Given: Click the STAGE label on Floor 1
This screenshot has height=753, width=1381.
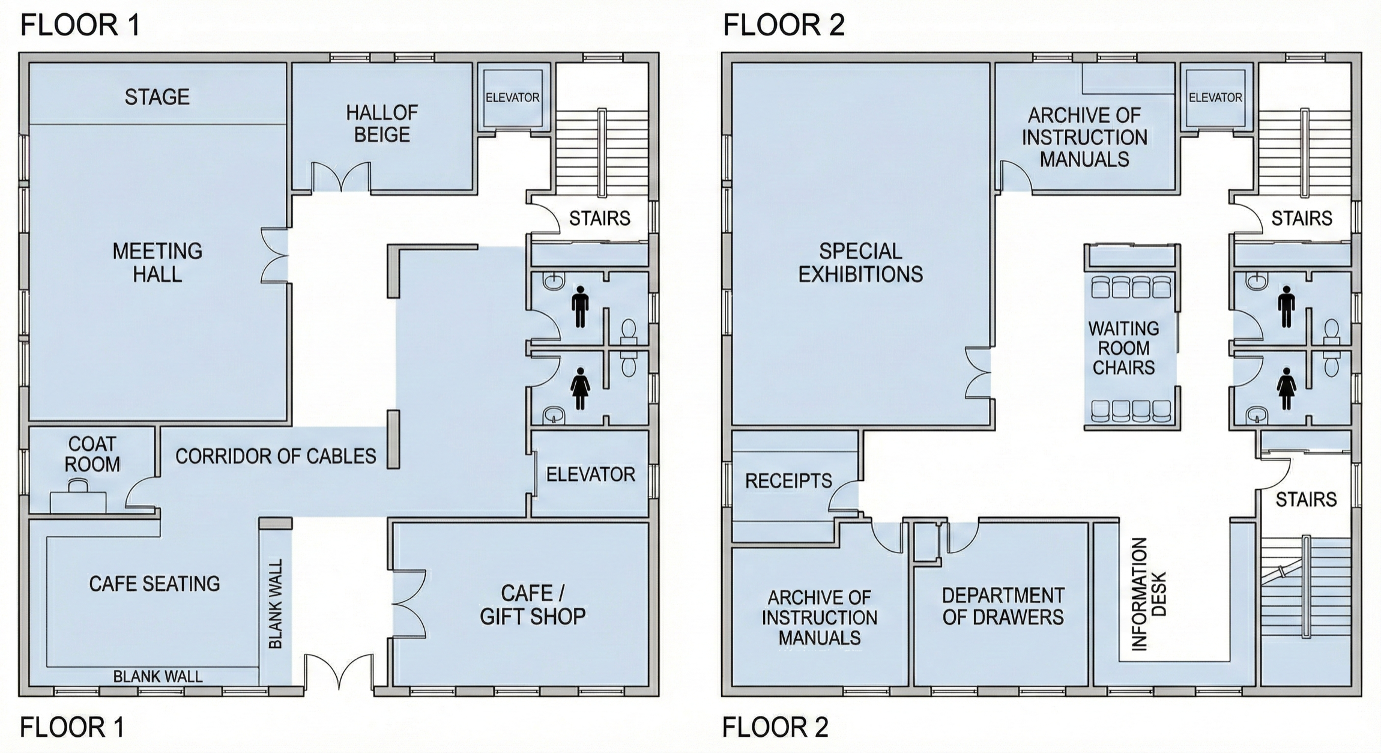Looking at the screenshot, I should coord(157,97).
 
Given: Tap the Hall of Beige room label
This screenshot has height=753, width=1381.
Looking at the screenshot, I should coord(382,124).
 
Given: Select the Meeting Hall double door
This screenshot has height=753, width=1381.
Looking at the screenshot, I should coord(274,255).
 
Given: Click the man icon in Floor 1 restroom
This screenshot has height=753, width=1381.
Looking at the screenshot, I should coord(579,306).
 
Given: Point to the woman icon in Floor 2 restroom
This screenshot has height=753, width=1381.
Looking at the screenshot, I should coord(1286,389).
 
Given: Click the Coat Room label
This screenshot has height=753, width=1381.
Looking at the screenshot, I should coord(92,454).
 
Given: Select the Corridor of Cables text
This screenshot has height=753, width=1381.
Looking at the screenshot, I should coord(276,456).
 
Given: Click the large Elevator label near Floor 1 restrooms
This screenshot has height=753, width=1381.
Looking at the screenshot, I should coord(590,474).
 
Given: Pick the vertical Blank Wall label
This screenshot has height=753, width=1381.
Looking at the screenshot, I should coord(276,603).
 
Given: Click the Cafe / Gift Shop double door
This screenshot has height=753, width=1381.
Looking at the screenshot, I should coord(409,603).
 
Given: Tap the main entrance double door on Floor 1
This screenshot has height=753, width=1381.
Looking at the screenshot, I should coord(339,671).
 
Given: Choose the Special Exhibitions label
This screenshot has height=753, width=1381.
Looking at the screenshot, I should coord(860,262).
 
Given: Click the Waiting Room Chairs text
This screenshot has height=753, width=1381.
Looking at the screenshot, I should coord(1123,348).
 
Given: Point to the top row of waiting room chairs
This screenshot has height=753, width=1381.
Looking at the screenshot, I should coord(1131,287).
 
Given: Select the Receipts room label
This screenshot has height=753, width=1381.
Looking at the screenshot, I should coord(788,480).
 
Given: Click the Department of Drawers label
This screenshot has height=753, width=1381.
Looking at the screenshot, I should coord(1003,606).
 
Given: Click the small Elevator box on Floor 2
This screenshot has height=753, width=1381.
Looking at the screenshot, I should coord(1215,97).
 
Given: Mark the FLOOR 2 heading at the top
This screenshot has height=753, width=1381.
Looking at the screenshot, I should coord(784,25).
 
